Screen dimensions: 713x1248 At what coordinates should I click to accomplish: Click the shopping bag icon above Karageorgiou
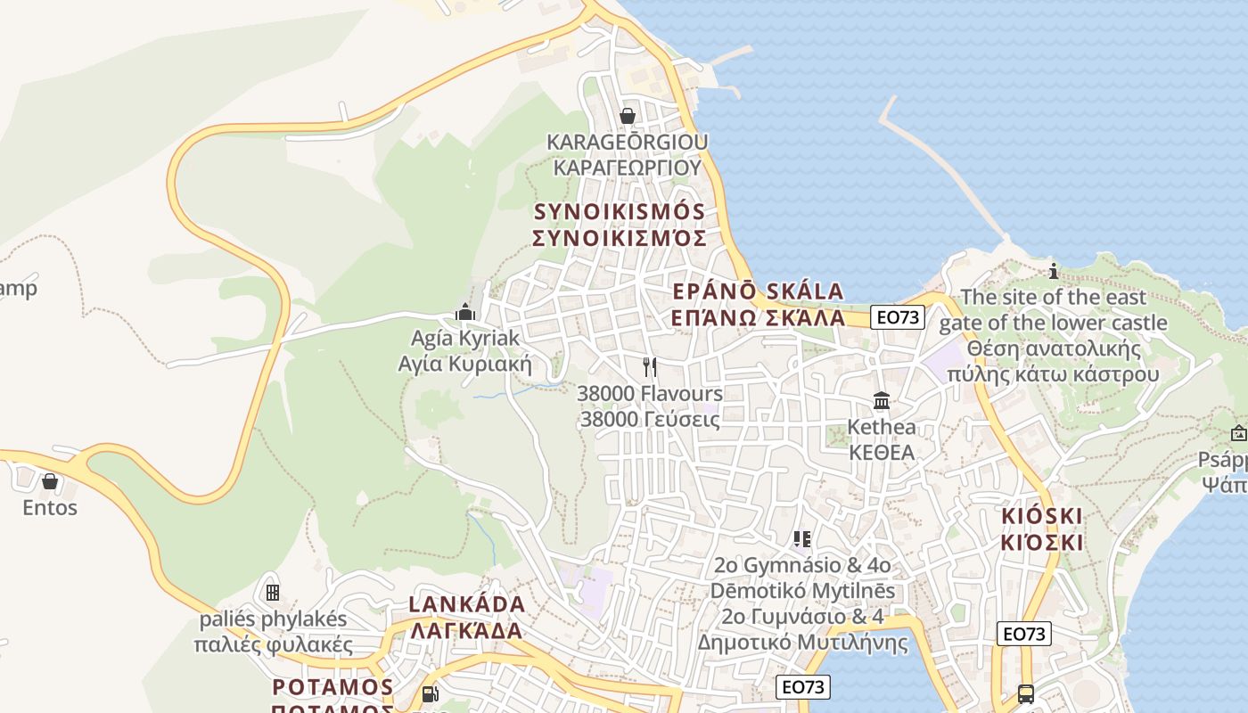click(628, 116)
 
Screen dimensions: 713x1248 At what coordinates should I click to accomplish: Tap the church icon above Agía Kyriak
click(464, 312)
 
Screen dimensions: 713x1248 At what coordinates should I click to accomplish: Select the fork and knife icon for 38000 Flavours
click(650, 367)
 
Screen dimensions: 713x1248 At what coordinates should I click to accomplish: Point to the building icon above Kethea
click(882, 401)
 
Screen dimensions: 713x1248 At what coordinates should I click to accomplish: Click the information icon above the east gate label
click(1054, 271)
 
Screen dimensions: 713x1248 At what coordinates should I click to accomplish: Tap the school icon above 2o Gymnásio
click(802, 538)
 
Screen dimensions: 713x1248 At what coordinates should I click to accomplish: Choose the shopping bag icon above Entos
click(50, 481)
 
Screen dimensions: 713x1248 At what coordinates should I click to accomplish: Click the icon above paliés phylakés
click(273, 592)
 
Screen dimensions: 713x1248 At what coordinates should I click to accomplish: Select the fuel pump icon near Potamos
click(430, 693)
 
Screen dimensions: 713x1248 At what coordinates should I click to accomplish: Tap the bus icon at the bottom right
click(1026, 693)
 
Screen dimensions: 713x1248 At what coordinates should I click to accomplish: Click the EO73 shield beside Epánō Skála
click(898, 317)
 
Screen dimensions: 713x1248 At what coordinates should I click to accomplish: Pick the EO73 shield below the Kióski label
click(1024, 634)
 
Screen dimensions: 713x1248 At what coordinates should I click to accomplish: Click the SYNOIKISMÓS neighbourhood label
click(619, 212)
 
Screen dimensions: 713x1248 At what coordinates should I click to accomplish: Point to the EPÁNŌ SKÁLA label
click(758, 291)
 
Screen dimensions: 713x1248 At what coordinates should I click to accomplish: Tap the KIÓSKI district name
click(1041, 516)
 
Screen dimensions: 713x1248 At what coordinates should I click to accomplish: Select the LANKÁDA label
click(466, 604)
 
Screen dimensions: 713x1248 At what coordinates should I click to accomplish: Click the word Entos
click(50, 508)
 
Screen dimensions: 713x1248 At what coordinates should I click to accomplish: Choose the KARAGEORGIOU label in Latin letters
click(627, 142)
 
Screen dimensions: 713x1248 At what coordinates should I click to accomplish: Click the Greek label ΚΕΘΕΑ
click(882, 453)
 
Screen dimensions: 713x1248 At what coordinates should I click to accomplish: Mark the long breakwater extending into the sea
click(945, 169)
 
